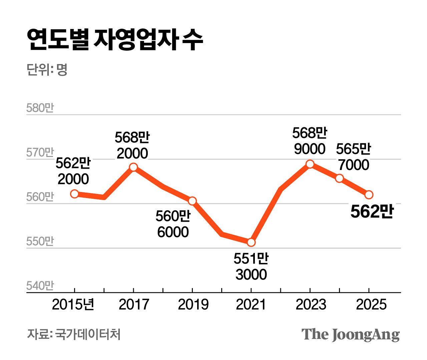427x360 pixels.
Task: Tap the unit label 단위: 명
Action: point(47,70)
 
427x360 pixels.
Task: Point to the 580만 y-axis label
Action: point(40,108)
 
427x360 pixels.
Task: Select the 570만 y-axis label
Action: point(40,152)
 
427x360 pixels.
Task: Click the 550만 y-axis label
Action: point(40,241)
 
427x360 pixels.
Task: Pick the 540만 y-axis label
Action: point(40,286)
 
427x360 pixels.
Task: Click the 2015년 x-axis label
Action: point(73,304)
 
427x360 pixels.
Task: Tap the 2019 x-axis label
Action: point(193,304)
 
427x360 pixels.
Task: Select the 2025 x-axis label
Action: point(371,304)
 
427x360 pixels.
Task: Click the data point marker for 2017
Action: point(133,167)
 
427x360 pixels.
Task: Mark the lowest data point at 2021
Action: point(251,242)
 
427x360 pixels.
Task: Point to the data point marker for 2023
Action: point(310,164)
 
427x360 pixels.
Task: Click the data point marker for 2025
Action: point(369,195)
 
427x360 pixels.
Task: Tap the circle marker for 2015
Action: point(75,194)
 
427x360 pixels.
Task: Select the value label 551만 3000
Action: point(251,266)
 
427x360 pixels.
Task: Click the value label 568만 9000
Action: point(310,141)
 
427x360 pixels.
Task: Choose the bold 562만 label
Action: point(372,211)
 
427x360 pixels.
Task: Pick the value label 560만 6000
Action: point(173,224)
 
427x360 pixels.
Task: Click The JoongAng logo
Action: point(350,334)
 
